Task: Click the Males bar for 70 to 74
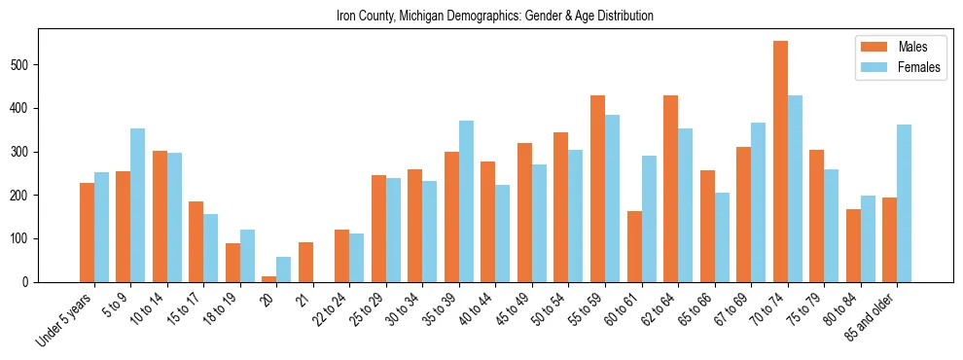click(780, 162)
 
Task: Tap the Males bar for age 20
click(269, 278)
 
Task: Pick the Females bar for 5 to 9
click(138, 205)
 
